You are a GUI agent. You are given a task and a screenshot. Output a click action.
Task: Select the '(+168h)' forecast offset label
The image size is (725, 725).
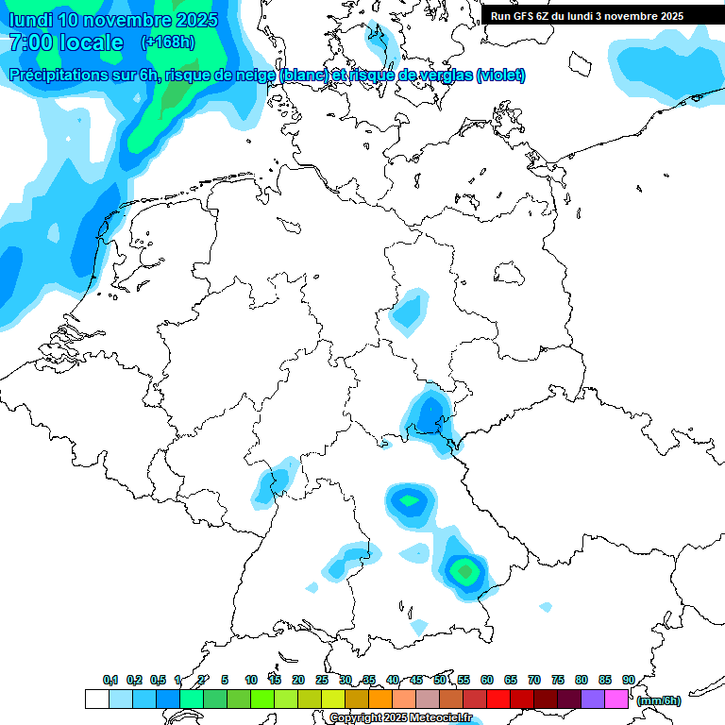point(167,42)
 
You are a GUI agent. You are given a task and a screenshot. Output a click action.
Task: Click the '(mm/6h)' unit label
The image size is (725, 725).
point(658,700)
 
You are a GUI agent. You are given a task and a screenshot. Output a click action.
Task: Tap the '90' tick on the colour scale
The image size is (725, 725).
point(629,680)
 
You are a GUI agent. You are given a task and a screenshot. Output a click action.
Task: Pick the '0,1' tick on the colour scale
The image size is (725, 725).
point(110,680)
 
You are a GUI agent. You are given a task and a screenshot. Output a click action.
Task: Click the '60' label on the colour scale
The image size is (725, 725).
point(487,680)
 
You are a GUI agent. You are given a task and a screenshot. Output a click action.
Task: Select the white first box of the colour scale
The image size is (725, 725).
point(96,700)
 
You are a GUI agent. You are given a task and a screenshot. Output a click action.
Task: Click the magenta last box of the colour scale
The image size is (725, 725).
point(615,700)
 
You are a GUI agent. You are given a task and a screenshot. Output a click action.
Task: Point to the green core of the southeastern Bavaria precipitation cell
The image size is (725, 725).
point(464,570)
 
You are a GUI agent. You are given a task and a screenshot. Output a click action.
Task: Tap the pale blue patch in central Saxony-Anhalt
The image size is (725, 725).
point(409,312)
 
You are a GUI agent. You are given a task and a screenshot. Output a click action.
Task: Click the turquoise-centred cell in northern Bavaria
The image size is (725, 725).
point(410,500)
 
